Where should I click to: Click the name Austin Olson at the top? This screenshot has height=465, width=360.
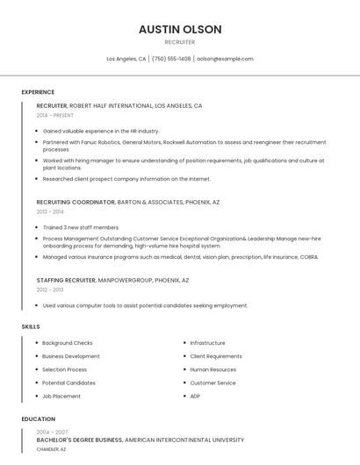coord(180,29)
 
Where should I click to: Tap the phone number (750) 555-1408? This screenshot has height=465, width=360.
coord(171,59)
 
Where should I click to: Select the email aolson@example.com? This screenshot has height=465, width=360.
coord(225,59)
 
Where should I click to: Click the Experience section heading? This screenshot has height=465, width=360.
coord(38,92)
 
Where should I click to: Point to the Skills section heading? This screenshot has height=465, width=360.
coord(31,326)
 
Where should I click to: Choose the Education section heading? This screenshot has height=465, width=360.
coord(39,419)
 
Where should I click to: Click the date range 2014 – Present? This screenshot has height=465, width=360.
coord(55,115)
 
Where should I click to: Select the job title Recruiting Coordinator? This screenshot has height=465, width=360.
coord(76,202)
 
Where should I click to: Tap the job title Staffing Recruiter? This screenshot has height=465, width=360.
coord(66,281)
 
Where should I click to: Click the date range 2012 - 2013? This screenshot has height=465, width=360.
coord(50,290)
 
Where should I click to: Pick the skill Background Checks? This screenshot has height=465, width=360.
coord(68,343)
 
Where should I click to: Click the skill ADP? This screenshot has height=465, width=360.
coord(195,396)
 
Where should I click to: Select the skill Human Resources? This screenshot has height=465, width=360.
coord(213,369)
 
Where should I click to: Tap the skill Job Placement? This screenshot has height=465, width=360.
coord(61,396)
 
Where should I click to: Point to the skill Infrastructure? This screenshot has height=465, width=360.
coord(208,343)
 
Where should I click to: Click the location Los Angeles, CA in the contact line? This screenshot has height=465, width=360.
coord(126,59)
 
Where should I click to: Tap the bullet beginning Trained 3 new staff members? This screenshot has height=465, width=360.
coord(81,227)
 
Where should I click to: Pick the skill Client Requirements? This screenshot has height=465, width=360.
coord(216,356)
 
